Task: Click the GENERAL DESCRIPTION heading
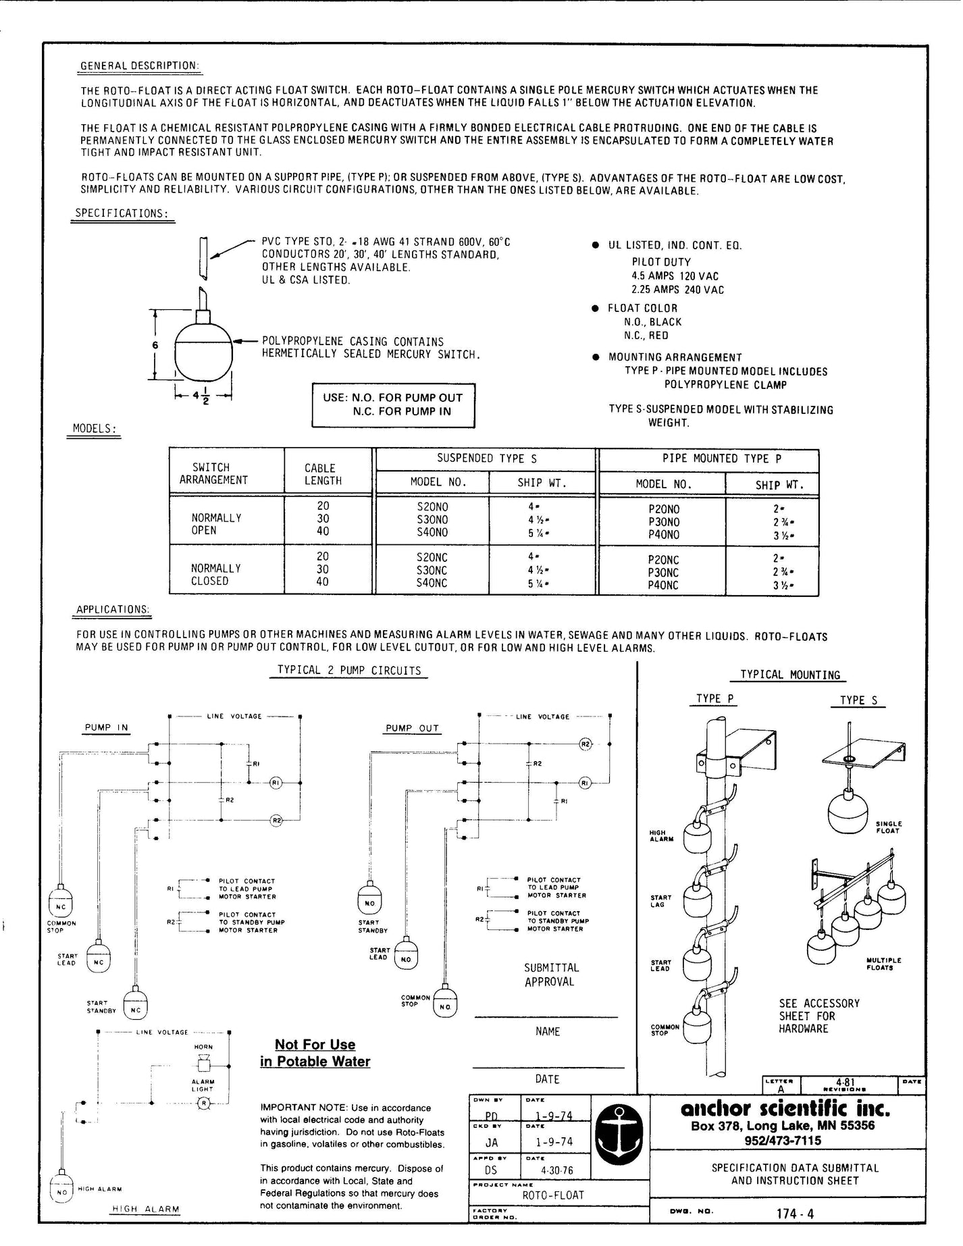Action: (140, 66)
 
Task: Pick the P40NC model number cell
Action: (663, 586)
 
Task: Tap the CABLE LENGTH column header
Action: (323, 474)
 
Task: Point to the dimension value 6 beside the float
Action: (155, 344)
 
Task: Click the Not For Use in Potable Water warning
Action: (315, 1053)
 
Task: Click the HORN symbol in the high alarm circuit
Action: (202, 1065)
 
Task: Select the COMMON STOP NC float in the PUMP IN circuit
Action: (61, 902)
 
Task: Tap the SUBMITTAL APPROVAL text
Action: (549, 975)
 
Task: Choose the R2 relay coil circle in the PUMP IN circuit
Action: (276, 821)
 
